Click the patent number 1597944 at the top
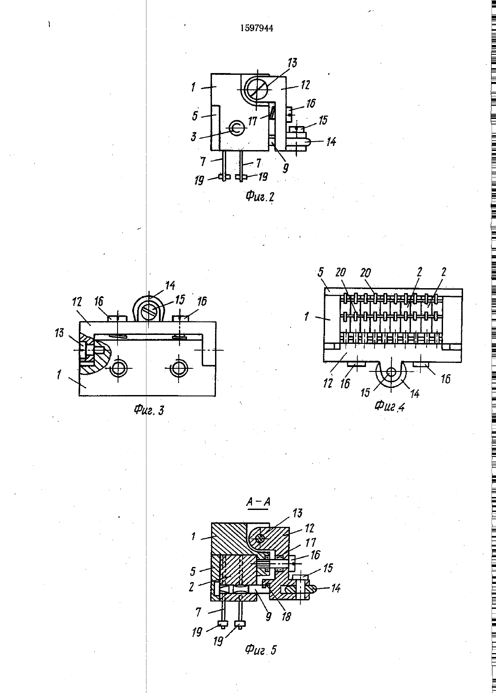tap(256, 28)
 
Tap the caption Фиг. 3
tap(149, 411)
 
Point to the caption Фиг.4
tap(389, 406)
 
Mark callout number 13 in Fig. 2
tap(292, 63)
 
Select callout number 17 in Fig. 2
tap(252, 121)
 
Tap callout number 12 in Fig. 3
tap(77, 302)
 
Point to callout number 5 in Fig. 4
tap(321, 272)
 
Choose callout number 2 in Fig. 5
tap(192, 587)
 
